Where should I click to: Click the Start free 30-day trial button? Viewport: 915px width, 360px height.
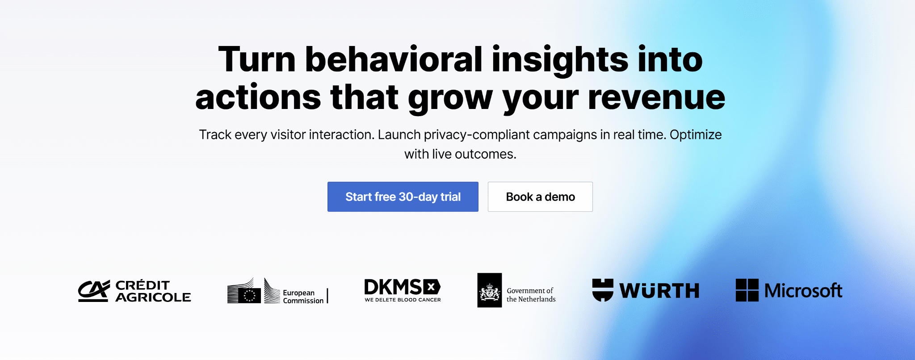pyautogui.click(x=403, y=197)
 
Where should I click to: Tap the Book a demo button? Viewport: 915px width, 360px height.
pyautogui.click(x=540, y=197)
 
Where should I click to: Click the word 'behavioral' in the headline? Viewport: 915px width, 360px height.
pyautogui.click(x=394, y=59)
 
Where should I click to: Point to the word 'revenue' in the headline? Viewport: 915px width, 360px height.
pyautogui.click(x=656, y=98)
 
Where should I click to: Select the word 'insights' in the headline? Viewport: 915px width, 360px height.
pyautogui.click(x=560, y=60)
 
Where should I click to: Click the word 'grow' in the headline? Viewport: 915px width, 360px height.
pyautogui.click(x=450, y=99)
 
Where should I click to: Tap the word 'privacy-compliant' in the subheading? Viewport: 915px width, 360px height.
pyautogui.click(x=477, y=134)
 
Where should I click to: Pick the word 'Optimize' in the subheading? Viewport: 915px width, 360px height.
pyautogui.click(x=696, y=134)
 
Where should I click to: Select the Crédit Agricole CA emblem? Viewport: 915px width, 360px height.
pyautogui.click(x=94, y=291)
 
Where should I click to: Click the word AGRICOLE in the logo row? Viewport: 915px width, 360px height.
pyautogui.click(x=153, y=297)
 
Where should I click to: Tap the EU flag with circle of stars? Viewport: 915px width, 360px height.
pyautogui.click(x=250, y=295)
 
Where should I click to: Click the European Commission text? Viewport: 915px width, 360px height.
pyautogui.click(x=303, y=297)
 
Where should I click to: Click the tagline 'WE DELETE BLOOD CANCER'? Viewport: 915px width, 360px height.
pyautogui.click(x=403, y=300)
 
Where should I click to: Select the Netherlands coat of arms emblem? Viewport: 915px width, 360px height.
pyautogui.click(x=490, y=290)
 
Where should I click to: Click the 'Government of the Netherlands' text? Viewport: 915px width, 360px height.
pyautogui.click(x=531, y=295)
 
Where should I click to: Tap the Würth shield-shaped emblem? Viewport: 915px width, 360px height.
pyautogui.click(x=603, y=290)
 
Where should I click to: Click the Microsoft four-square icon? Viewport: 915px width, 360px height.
pyautogui.click(x=747, y=290)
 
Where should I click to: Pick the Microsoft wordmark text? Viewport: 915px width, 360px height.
pyautogui.click(x=803, y=291)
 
